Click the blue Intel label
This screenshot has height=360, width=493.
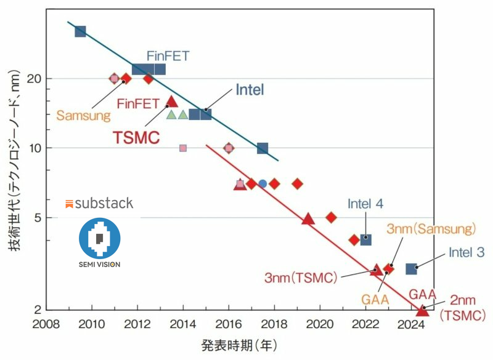point(250,90)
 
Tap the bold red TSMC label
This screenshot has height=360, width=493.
point(136,137)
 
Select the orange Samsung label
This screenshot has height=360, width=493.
point(83,115)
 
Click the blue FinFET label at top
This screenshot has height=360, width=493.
point(168,56)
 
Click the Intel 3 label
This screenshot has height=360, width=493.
point(467,252)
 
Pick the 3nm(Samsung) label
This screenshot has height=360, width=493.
point(431,229)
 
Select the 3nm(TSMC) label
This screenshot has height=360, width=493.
point(301,278)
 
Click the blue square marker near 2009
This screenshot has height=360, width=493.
point(80,31)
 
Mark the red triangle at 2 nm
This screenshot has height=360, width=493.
point(422,310)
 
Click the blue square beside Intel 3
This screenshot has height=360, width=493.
point(411,269)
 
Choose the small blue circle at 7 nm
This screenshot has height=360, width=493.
point(263,183)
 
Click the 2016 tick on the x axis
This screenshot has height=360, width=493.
point(228,324)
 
